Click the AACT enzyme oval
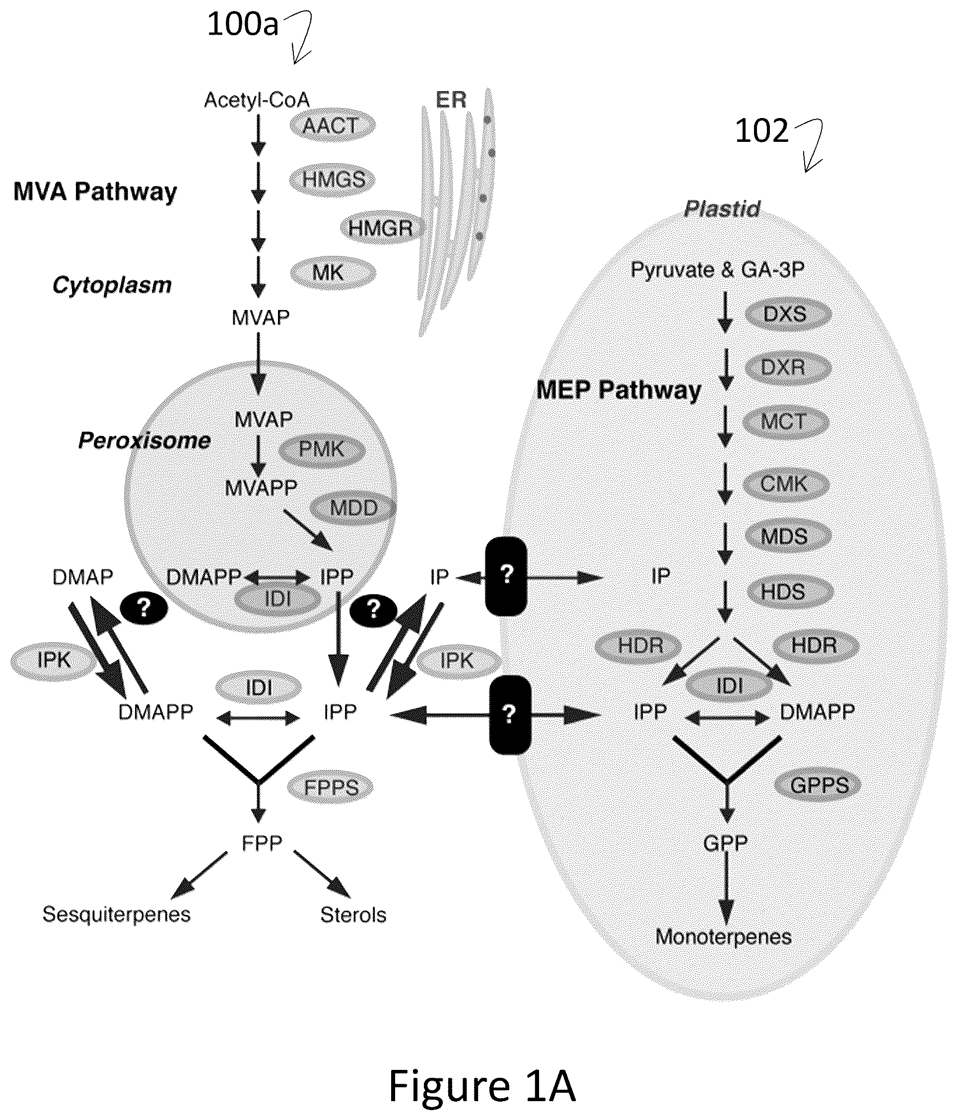(332, 126)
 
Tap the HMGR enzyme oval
(380, 228)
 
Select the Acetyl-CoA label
(257, 100)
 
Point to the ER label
(451, 100)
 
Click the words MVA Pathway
(95, 192)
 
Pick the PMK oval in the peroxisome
(322, 449)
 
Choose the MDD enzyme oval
(353, 507)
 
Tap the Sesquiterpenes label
(116, 914)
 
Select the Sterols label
(353, 915)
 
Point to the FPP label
(262, 843)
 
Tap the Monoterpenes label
(723, 936)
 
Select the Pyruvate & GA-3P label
(717, 269)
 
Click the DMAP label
(83, 577)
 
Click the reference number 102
(761, 131)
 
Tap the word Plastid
(722, 209)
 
